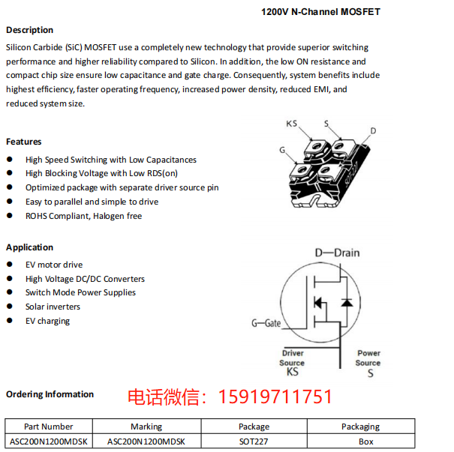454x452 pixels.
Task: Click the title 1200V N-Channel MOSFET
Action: coord(320,12)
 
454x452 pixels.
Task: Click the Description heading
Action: coord(30,30)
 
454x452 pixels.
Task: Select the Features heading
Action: coord(24,142)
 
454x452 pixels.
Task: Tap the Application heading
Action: coord(30,247)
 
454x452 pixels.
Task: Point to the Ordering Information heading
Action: coord(50,394)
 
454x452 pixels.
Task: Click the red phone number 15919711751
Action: coord(275,397)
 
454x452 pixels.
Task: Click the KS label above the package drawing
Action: coord(292,124)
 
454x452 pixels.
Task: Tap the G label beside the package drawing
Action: coord(283,150)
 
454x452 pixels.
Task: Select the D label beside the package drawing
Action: coord(373,130)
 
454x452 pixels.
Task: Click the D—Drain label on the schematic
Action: coord(337,253)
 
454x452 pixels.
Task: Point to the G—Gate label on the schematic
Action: coord(266,323)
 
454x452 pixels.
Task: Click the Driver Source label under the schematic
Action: coord(293,358)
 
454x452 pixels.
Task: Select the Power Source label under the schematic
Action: coord(368,358)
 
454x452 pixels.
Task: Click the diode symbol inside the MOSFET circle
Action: coord(346,302)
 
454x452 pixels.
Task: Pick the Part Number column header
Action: coord(49,427)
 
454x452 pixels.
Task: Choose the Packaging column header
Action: coord(360,427)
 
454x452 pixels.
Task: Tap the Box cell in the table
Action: coord(365,442)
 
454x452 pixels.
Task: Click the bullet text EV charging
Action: coord(47,321)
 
